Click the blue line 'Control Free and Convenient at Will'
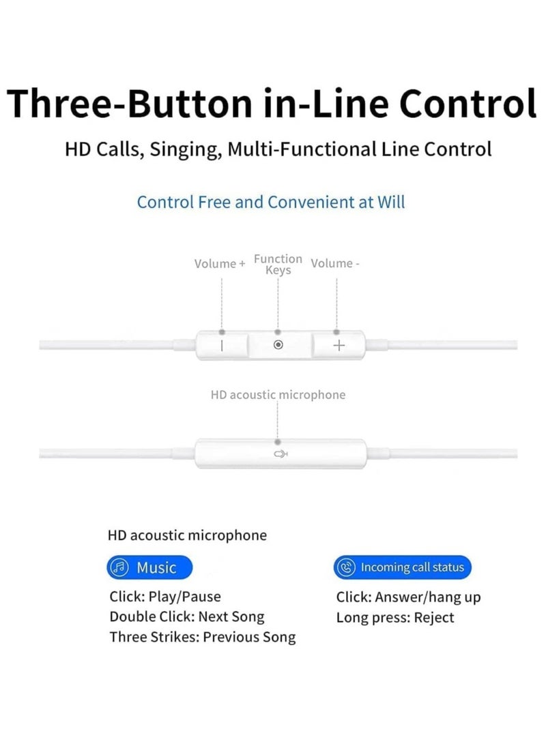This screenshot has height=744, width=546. [271, 203]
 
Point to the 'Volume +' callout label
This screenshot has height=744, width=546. [220, 264]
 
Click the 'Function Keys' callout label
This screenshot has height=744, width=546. [278, 265]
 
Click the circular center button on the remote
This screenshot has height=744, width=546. [278, 345]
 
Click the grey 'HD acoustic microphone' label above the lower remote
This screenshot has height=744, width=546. [278, 395]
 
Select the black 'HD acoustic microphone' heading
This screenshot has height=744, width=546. [187, 535]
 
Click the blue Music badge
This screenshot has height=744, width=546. [149, 567]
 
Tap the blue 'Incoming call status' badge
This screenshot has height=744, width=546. [403, 567]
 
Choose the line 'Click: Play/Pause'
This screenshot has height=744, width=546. [165, 597]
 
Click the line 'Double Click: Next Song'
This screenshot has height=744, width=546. [186, 617]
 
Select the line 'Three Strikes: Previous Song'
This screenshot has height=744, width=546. [203, 638]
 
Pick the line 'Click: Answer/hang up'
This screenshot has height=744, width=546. [408, 597]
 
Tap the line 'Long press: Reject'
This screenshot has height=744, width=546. [394, 618]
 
